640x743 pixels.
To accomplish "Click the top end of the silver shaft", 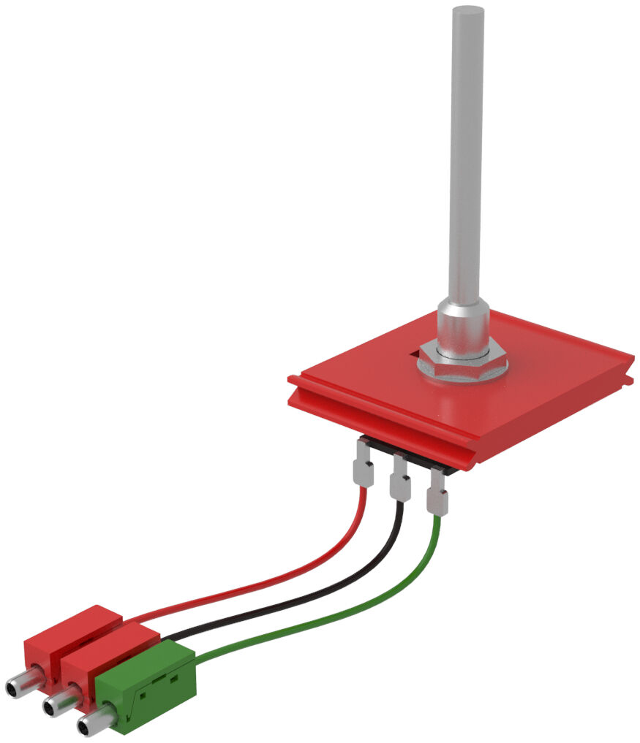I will [x=467, y=13].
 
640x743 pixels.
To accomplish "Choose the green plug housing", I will [x=146, y=683].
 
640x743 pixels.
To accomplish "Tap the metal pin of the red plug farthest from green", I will [x=18, y=686].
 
